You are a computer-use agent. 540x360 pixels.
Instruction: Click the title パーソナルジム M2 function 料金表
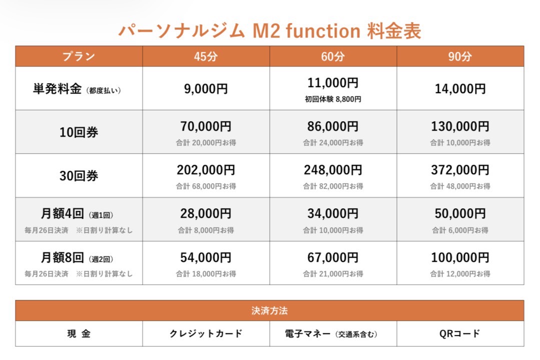(x=270, y=31)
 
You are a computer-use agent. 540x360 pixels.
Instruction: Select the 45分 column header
(x=206, y=57)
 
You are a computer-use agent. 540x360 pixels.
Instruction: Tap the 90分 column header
(x=460, y=57)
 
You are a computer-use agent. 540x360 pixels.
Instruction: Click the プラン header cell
(x=79, y=57)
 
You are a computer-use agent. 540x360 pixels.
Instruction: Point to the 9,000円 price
(x=206, y=89)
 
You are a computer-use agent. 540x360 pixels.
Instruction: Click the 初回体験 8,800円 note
(x=333, y=99)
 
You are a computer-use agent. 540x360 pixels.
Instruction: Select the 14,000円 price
(x=460, y=89)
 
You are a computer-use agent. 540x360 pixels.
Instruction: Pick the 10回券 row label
(x=79, y=133)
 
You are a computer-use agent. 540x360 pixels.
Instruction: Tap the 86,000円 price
(x=333, y=127)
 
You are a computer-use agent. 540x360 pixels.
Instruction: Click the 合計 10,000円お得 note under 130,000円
(x=460, y=143)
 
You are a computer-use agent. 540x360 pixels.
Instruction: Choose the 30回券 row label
(x=79, y=176)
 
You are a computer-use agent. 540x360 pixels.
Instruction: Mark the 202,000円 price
(x=206, y=170)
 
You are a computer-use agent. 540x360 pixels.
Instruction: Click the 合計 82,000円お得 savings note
(x=333, y=186)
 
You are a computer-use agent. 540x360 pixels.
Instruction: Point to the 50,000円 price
(x=460, y=214)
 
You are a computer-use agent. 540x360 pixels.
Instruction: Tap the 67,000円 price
(x=333, y=258)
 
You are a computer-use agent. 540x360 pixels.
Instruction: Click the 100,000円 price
(x=460, y=258)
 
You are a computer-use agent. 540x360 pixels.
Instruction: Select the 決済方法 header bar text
(x=270, y=311)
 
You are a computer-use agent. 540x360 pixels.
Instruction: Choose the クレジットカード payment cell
(x=206, y=334)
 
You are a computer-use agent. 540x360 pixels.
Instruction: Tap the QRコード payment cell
(x=460, y=334)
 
